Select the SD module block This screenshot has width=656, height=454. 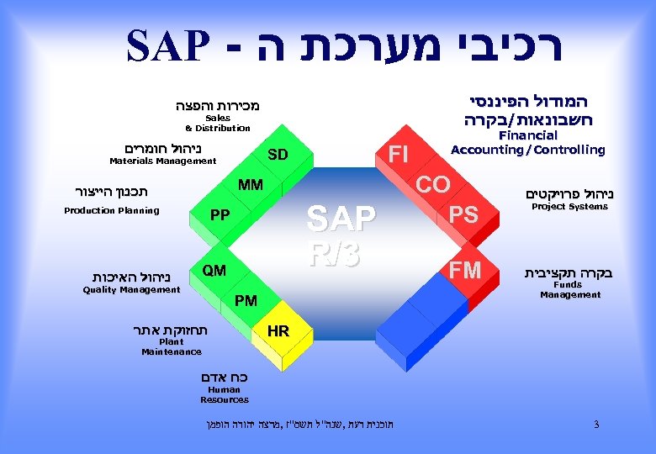(278, 156)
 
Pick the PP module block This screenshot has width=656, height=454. (220, 215)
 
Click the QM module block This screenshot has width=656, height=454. (214, 270)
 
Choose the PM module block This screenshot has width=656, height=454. (246, 300)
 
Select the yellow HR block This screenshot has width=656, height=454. (278, 332)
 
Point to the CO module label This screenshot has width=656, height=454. (433, 184)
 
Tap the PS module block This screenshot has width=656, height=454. (463, 215)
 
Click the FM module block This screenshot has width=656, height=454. (465, 270)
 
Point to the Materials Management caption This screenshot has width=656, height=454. (163, 161)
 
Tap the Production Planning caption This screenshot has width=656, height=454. (112, 210)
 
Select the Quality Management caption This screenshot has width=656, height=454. (131, 290)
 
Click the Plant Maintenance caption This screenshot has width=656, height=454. (171, 347)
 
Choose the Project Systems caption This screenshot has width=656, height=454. (569, 207)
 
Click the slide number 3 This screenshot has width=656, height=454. (596, 425)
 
